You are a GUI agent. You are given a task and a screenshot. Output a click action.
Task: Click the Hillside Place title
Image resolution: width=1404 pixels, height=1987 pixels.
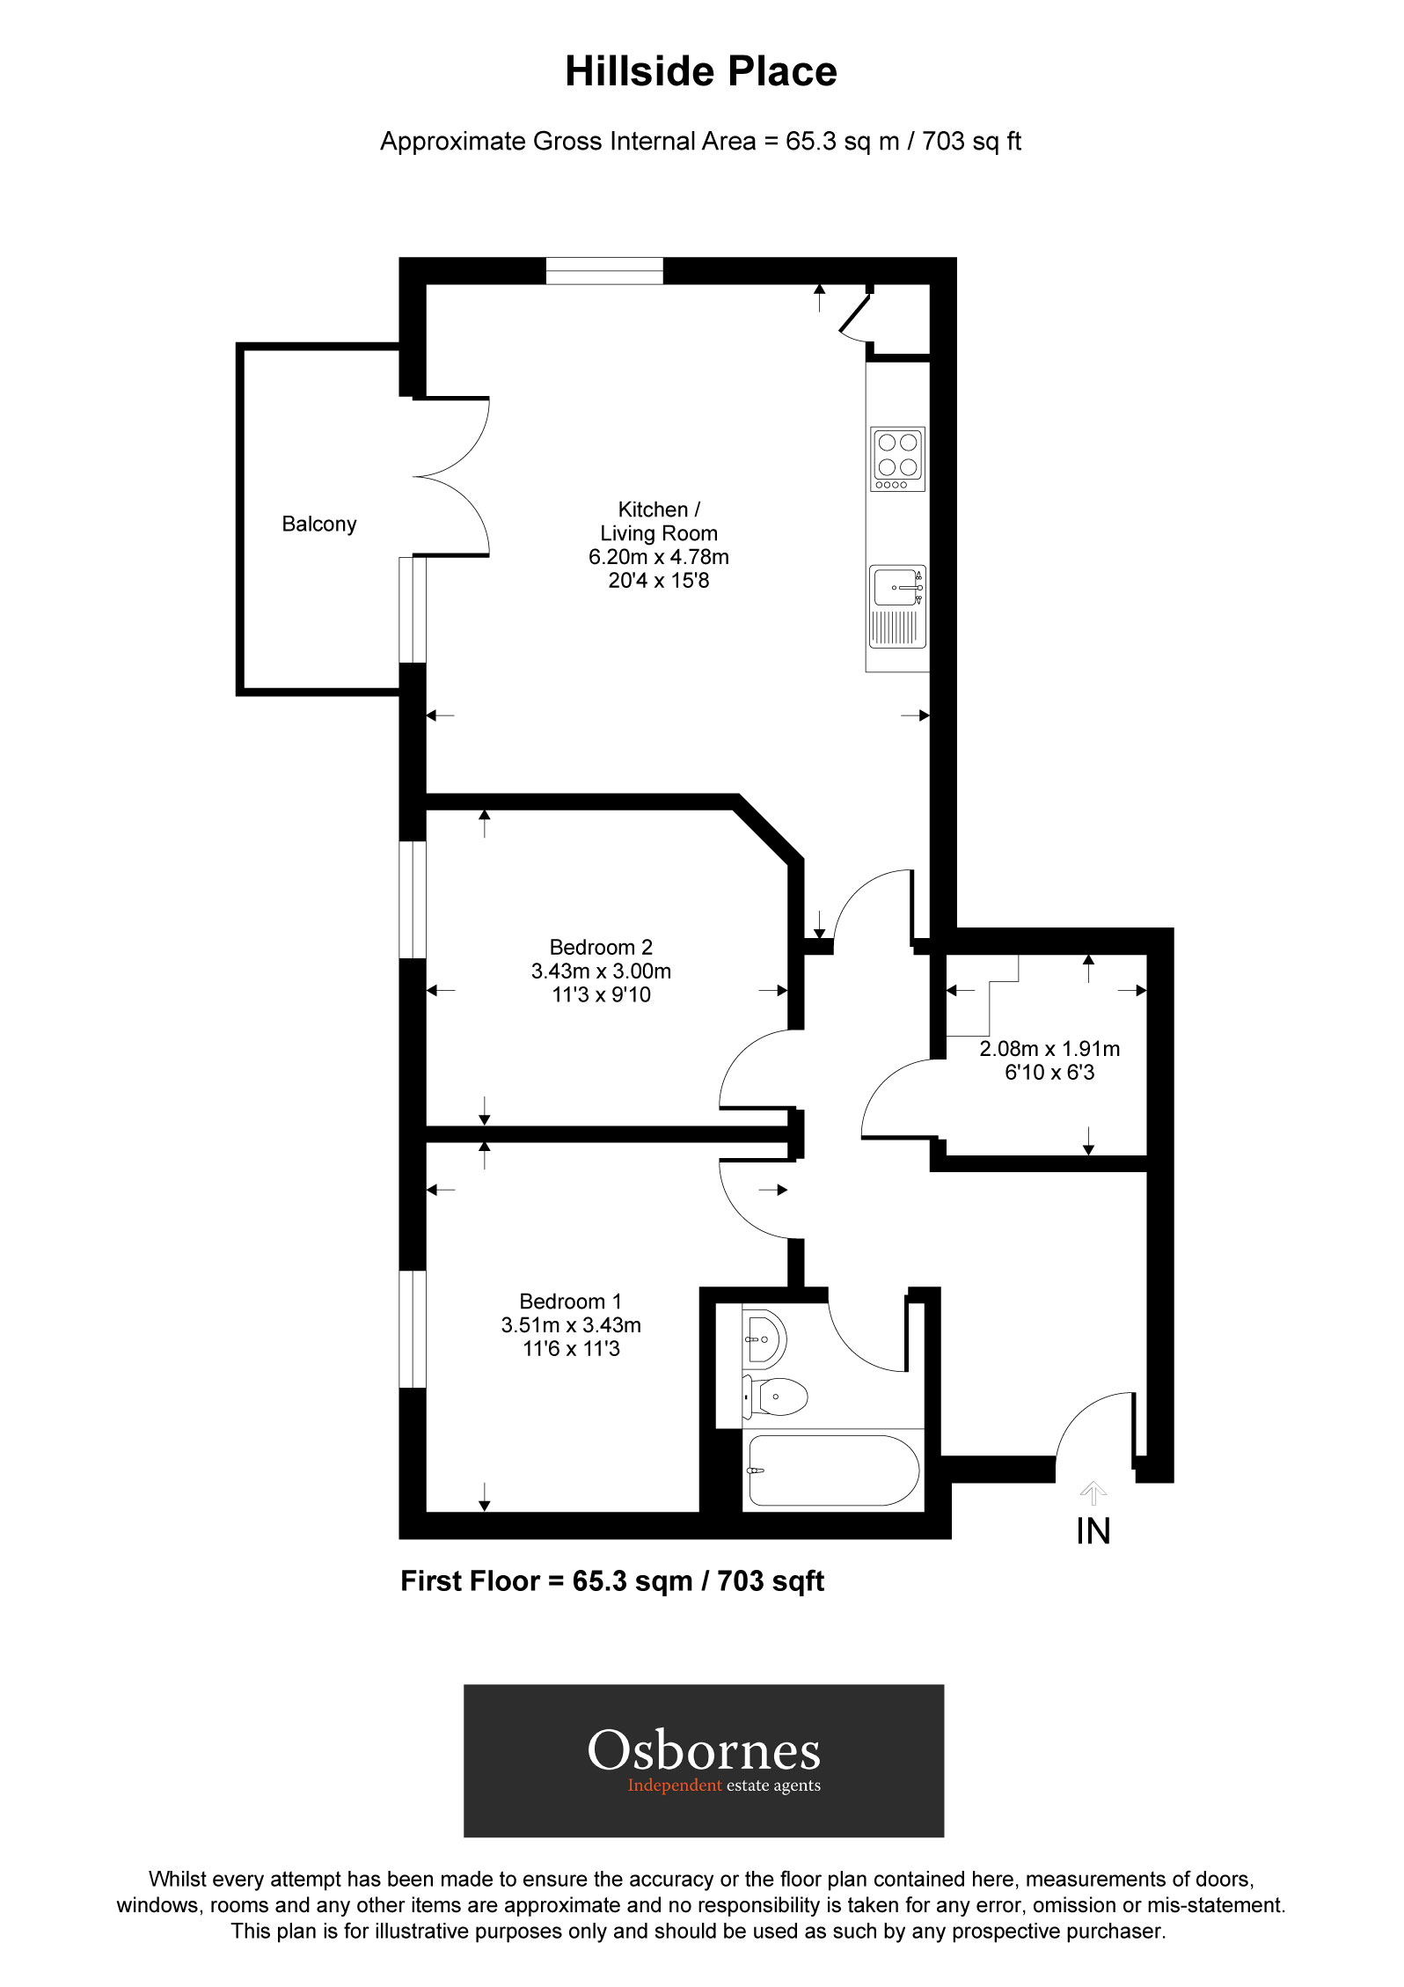pyautogui.click(x=700, y=72)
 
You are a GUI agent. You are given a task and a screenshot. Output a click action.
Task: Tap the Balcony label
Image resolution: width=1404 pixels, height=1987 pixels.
pyautogui.click(x=318, y=524)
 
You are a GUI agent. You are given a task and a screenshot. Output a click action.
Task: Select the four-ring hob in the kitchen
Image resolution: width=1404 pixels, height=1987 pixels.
pyautogui.click(x=897, y=458)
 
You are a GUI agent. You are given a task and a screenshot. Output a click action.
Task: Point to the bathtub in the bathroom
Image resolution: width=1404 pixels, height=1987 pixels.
pyautogui.click(x=832, y=1470)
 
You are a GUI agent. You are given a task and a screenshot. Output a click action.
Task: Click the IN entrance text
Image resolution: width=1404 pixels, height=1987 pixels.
pyautogui.click(x=1093, y=1532)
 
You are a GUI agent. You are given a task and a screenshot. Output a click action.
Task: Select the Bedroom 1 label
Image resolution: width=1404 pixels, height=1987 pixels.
pyautogui.click(x=570, y=1301)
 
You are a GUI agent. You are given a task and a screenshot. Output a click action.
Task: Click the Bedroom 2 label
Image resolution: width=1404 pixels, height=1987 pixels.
pyautogui.click(x=601, y=948)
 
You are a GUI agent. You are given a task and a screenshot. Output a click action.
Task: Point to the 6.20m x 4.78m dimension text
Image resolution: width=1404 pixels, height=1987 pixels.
pyautogui.click(x=658, y=557)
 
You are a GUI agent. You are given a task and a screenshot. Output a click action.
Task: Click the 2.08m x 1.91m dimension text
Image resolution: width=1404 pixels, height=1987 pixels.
pyautogui.click(x=1049, y=1049)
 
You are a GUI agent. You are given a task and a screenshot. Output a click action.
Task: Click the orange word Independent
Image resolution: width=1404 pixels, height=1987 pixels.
pyautogui.click(x=674, y=1785)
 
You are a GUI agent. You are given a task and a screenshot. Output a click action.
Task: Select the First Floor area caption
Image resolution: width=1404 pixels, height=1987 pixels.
pyautogui.click(x=612, y=1581)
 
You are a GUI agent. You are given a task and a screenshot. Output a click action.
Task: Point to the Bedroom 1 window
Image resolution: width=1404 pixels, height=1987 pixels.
pyautogui.click(x=413, y=1329)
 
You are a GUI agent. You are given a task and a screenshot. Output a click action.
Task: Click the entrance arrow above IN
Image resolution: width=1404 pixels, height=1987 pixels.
pyautogui.click(x=1093, y=1492)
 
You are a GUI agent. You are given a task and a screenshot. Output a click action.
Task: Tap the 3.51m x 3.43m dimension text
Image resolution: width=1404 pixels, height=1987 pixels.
pyautogui.click(x=570, y=1325)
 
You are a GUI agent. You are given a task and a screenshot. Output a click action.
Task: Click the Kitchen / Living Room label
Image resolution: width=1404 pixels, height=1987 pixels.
pyautogui.click(x=658, y=522)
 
